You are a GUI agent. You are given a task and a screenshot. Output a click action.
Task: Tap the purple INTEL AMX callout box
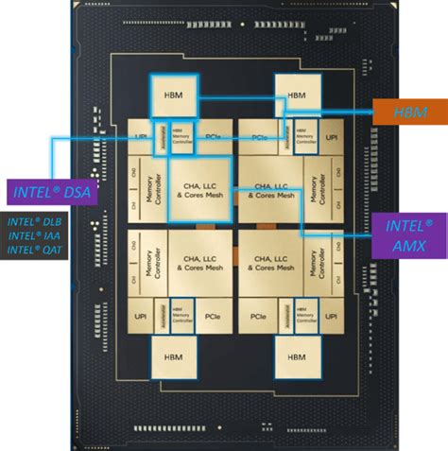tap(409, 234)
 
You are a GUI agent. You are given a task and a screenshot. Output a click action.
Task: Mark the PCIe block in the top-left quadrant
tap(211, 136)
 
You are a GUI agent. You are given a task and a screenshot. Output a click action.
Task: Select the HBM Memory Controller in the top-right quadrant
tap(304, 136)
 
